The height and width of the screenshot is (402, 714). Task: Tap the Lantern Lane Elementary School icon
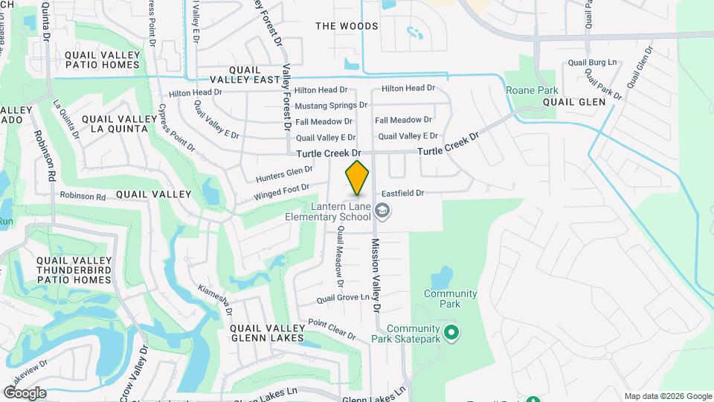click(382, 212)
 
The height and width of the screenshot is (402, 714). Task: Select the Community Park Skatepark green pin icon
click(450, 331)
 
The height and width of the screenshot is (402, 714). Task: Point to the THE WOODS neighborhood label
click(347, 26)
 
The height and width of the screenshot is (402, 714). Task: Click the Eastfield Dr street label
click(402, 193)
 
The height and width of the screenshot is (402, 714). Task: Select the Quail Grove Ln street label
click(343, 298)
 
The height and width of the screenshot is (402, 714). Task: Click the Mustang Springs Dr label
click(331, 105)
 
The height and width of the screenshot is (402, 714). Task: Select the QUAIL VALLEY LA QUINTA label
click(115, 124)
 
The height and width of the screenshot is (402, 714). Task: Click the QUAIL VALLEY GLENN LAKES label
click(267, 333)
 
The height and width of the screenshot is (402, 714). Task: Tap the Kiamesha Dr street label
click(216, 299)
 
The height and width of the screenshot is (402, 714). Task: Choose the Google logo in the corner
click(25, 393)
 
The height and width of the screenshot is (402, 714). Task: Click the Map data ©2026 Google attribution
click(667, 396)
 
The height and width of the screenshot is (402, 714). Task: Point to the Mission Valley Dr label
click(376, 275)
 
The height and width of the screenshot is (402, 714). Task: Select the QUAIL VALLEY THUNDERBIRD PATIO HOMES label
click(63, 269)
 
